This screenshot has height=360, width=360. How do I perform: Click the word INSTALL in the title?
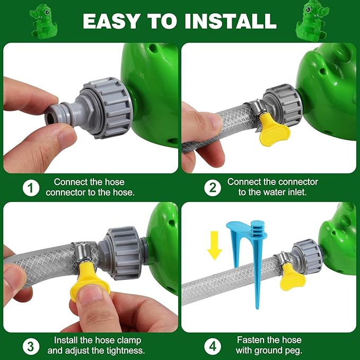[231, 21]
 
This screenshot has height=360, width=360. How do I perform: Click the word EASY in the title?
[111, 21]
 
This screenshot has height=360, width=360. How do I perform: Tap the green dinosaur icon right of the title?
[313, 21]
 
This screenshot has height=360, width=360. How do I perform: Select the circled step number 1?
[31, 188]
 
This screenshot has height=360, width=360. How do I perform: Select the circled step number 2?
[213, 188]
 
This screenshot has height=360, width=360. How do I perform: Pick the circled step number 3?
[31, 346]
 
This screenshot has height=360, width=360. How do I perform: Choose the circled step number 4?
[213, 346]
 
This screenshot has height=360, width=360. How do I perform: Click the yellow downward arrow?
[214, 245]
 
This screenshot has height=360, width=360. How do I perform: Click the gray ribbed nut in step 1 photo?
[110, 108]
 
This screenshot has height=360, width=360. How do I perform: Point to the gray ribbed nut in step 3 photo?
[123, 252]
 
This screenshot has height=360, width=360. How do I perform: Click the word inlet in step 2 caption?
[297, 192]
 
